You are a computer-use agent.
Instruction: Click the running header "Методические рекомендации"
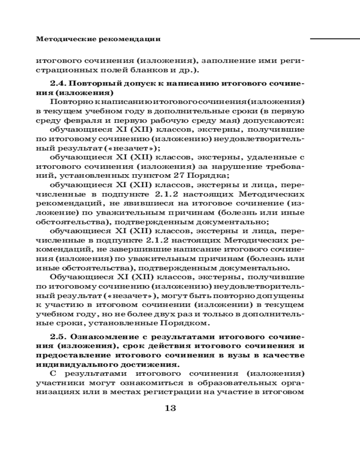coord(98,39)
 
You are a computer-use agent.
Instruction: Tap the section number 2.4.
coord(59,84)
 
